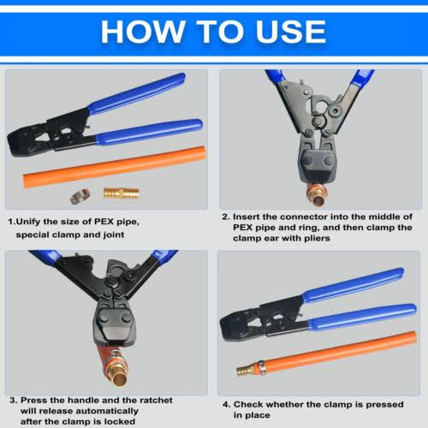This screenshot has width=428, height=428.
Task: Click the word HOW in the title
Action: (x=143, y=32)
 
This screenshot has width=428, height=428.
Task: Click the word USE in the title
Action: (x=291, y=32)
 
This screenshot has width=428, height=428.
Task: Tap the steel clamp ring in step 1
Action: (x=80, y=196)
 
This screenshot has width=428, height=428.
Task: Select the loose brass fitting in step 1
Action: (x=122, y=193)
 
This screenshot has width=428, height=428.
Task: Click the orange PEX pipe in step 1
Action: (x=114, y=167)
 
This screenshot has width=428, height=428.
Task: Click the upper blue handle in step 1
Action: (x=137, y=93)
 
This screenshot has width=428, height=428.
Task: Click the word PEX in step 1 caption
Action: (x=104, y=222)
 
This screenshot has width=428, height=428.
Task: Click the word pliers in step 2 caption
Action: (x=317, y=239)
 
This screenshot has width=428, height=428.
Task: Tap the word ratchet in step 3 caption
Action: (x=156, y=401)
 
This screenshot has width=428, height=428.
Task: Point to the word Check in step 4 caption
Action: (x=247, y=404)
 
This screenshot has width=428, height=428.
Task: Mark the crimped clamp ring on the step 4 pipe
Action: (x=262, y=368)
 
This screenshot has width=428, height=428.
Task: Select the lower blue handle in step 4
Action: (x=361, y=317)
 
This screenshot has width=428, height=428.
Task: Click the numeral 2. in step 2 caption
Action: (x=226, y=217)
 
